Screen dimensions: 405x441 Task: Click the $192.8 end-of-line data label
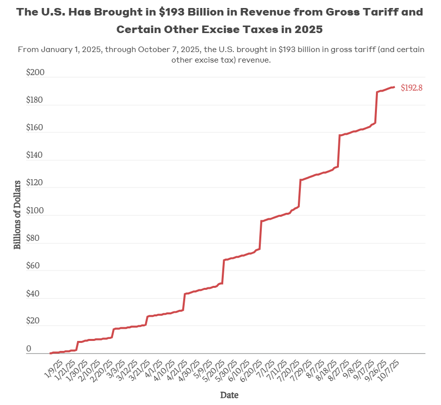(x=411, y=88)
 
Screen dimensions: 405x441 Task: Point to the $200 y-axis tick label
(x=36, y=73)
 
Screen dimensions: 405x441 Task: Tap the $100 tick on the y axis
(x=36, y=211)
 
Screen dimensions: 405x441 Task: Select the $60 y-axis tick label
(x=36, y=266)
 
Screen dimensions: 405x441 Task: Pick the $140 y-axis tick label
(x=36, y=156)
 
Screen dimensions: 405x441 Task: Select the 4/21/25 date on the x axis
(x=178, y=368)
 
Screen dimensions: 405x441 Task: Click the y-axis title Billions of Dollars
(x=18, y=214)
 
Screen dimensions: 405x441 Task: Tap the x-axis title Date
(x=229, y=395)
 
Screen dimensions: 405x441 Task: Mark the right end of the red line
(x=394, y=87)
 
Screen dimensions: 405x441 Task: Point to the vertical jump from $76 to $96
(x=261, y=235)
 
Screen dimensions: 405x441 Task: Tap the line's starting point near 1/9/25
(x=51, y=353)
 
